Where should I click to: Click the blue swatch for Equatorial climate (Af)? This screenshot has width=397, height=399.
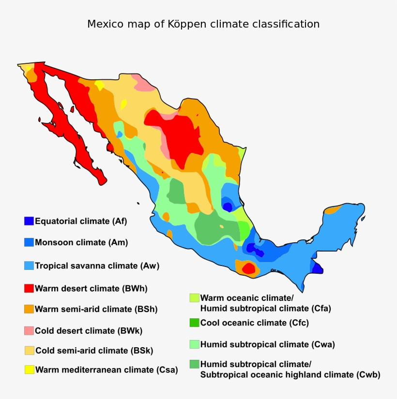29,221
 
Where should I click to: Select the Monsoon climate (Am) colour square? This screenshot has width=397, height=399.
29,242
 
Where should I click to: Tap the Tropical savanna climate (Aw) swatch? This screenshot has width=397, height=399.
29,266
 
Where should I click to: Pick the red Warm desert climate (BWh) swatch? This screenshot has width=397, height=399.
29,288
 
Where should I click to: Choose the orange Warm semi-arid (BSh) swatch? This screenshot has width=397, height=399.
29,309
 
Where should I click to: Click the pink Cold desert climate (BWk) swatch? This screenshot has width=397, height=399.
29,331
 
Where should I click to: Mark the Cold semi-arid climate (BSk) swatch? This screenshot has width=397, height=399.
29,350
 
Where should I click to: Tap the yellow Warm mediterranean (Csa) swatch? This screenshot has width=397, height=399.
29,370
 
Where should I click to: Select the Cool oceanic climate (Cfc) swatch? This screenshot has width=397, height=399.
194,323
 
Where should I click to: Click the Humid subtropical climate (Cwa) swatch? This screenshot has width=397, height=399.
194,344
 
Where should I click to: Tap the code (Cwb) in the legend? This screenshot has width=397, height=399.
368,375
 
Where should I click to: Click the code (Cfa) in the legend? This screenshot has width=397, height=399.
318,308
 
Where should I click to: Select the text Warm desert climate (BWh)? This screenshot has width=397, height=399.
91,289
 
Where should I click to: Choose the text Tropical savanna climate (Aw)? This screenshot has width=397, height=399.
97,266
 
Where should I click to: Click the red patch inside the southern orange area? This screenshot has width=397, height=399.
248,268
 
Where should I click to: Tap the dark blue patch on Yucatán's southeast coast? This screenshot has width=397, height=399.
317,267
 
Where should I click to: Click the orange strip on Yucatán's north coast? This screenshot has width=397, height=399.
333,209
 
